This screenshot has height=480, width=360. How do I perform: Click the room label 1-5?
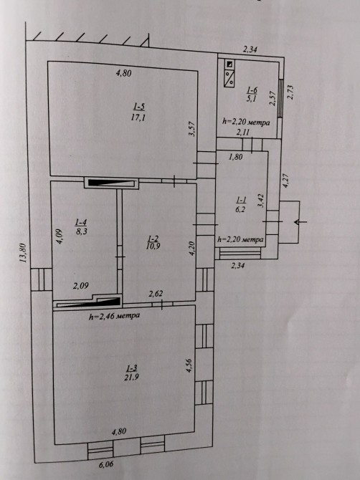coord(139,107)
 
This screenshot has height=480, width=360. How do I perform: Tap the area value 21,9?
coord(132,377)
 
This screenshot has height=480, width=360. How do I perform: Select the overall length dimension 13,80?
coord(23,253)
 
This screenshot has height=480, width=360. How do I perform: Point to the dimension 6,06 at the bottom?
coord(105,464)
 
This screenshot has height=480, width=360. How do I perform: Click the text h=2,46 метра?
coord(114,316)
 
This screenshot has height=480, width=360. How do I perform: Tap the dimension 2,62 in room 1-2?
coord(156,294)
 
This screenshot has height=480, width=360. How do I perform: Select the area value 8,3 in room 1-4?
coord(82,231)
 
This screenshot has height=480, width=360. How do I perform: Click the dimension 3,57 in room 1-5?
coord(191,129)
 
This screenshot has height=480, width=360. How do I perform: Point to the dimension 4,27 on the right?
coord(285,181)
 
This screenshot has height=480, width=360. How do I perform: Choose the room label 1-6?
coord(252,90)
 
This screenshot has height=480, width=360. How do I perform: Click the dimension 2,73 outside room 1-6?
coord(290,92)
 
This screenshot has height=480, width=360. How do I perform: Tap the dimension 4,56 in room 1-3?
coord(189,365)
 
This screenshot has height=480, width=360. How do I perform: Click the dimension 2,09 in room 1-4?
coord(81,286)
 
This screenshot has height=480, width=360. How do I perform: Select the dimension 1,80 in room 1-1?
coord(236,157)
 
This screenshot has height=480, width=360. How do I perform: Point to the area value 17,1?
coord(138,117)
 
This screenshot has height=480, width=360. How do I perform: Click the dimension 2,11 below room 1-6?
coord(242,133)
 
